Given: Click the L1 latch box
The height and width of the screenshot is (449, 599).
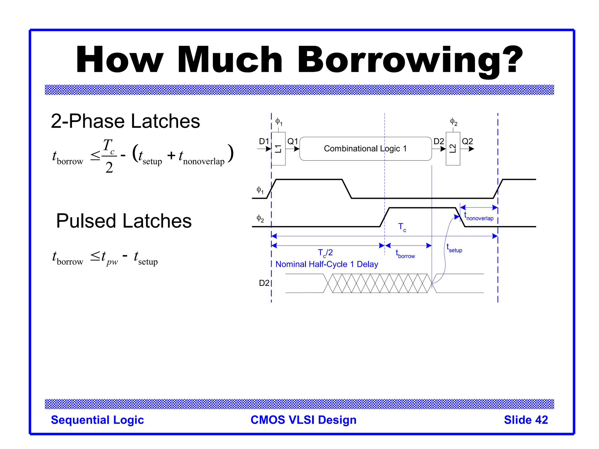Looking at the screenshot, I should [x=278, y=149].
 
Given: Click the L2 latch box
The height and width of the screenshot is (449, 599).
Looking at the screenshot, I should [x=453, y=149].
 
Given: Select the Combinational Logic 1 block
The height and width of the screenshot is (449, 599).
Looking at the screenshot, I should [x=365, y=149].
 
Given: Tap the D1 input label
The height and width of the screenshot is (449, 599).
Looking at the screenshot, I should [x=264, y=141].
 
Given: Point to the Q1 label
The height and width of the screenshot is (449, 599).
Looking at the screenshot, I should [x=292, y=141].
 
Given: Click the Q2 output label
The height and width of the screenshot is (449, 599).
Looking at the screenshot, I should [x=467, y=141].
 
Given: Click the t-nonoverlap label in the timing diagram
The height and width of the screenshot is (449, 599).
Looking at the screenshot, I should [x=479, y=217].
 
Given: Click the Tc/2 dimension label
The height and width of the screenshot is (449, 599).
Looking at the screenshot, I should [x=325, y=253].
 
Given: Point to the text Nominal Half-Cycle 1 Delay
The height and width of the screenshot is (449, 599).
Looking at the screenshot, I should [x=327, y=264].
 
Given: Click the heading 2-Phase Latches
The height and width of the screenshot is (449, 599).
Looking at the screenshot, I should [x=125, y=121].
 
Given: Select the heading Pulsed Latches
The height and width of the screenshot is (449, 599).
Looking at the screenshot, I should [x=124, y=221].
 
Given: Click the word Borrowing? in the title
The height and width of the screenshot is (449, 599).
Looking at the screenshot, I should [x=410, y=60].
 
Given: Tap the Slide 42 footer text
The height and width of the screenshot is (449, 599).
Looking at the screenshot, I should [x=526, y=420].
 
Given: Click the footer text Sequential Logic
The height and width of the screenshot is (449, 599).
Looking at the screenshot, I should [x=97, y=420].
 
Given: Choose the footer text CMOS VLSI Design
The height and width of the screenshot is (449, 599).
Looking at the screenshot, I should [x=304, y=420].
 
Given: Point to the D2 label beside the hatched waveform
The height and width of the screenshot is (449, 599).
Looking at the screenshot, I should [x=264, y=283].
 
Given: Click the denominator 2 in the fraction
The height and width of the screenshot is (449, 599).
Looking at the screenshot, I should [x=109, y=167].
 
